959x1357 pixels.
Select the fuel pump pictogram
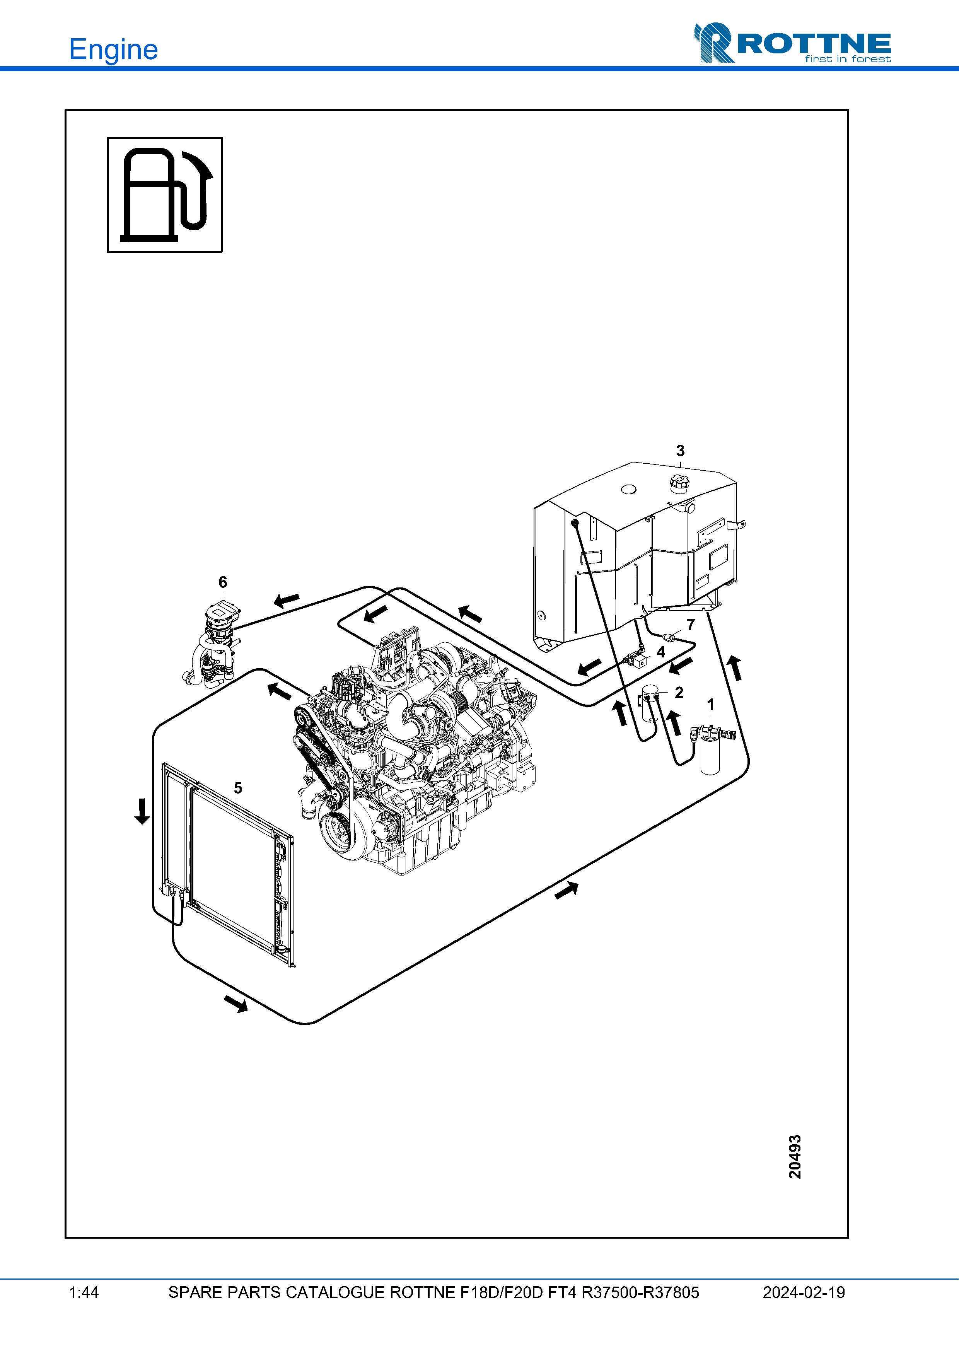pos(165,195)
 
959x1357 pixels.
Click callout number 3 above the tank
pos(680,451)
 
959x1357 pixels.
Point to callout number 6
pos(223,582)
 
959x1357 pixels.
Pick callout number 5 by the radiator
pos(238,788)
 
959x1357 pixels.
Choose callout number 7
pos(691,625)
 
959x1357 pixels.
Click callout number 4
pos(661,652)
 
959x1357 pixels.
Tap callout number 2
pos(679,692)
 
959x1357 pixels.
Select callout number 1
pos(711,705)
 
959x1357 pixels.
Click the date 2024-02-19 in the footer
pos(804,1292)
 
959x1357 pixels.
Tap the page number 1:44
pos(84,1292)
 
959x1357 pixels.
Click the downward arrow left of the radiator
pos(142,811)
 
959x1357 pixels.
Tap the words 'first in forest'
pos(847,59)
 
